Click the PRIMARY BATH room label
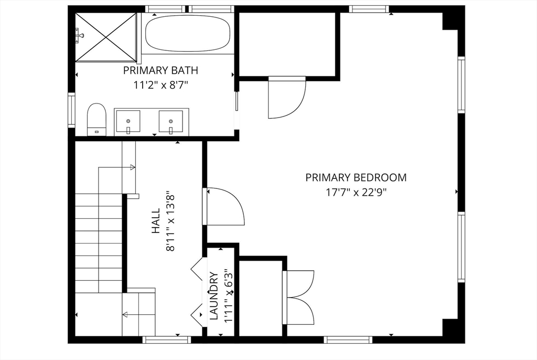coord(160,70)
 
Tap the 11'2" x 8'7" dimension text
coord(160,84)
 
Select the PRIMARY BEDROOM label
coord(356,177)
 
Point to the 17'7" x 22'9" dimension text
coord(356,193)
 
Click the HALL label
coord(156,221)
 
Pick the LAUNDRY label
coord(214,296)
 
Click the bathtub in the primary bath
coord(187,34)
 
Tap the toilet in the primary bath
coord(96,119)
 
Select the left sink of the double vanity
coord(128,121)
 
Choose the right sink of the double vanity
coord(170,122)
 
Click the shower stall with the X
coord(105,37)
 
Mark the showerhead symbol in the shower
coord(80,35)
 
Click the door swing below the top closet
coord(287,98)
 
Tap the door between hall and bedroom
coord(224,206)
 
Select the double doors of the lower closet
coord(298,297)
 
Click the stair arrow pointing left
coord(139,314)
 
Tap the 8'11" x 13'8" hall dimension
coord(170,221)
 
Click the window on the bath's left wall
coord(71,110)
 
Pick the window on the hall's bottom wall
coord(166,340)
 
